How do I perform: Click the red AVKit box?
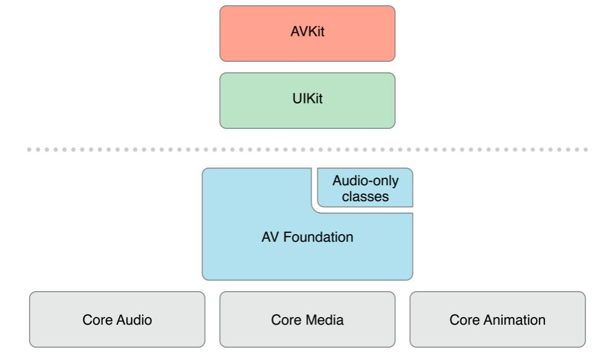(x=307, y=34)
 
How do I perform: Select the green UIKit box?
(x=307, y=101)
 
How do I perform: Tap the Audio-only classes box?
(x=366, y=188)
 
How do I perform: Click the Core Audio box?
(x=117, y=319)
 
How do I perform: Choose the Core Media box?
(x=307, y=319)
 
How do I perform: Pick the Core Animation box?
(x=497, y=319)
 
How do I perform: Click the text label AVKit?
(x=307, y=31)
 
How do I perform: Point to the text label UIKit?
(x=307, y=98)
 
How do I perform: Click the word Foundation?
(x=318, y=237)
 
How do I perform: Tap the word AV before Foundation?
(x=270, y=237)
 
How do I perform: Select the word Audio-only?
(x=366, y=181)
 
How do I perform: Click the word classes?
(x=366, y=196)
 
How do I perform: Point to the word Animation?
(x=514, y=320)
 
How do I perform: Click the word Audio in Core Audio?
(x=134, y=320)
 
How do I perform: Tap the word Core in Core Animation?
(x=464, y=320)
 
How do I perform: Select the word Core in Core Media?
(x=286, y=320)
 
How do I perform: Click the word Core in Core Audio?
(x=98, y=320)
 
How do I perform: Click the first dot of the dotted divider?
(x=29, y=150)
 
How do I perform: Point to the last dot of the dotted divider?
(x=586, y=150)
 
